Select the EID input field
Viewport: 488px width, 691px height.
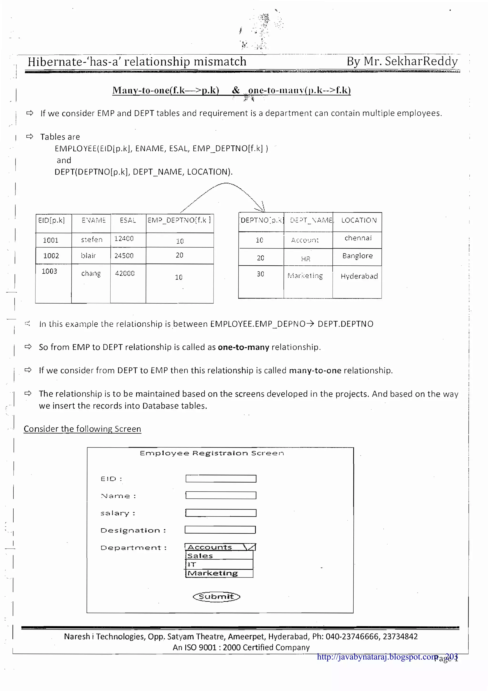coord(221,479)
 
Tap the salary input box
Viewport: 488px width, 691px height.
coord(221,513)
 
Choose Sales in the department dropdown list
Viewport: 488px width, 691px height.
coord(219,556)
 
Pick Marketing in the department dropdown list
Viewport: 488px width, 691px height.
coord(219,573)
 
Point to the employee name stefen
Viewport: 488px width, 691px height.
coord(92,240)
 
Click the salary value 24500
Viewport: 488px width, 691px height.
coord(124,256)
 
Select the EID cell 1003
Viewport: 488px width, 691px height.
coord(49,271)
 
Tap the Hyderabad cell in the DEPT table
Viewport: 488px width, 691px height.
coord(359,276)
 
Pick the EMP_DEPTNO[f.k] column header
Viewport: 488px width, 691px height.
coord(179,220)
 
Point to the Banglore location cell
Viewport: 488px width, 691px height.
coord(357,256)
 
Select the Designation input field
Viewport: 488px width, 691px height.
coord(220,530)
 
